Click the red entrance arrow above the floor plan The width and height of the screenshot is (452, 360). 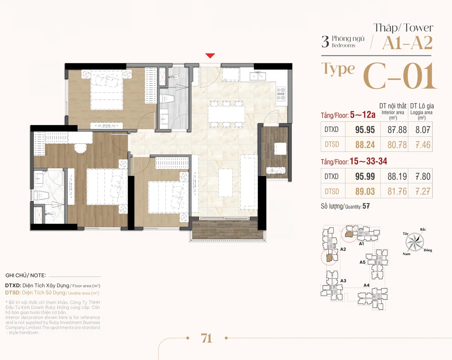click(210, 56)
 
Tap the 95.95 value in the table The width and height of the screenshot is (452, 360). click(365, 130)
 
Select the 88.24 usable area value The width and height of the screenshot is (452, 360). click(365, 145)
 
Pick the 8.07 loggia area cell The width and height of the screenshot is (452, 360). click(423, 130)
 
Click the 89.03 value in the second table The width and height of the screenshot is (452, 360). click(365, 191)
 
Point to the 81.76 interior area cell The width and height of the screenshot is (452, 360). click(397, 191)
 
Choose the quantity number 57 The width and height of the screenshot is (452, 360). click(366, 206)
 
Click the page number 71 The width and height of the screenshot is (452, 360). click(206, 339)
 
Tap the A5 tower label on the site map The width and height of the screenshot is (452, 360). click(362, 262)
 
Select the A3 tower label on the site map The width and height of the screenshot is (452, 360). click(343, 281)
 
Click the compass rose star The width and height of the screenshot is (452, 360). click(414, 242)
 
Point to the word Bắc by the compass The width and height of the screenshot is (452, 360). click(423, 230)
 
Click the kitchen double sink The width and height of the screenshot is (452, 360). click(258, 76)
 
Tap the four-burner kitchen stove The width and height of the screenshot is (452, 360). click(281, 93)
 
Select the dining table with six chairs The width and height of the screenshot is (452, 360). click(226, 114)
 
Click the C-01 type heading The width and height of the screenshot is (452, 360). click(400, 76)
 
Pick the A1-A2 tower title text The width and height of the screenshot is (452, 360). click(408, 43)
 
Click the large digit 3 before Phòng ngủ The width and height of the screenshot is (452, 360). click(325, 41)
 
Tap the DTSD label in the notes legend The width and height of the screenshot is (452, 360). click(13, 293)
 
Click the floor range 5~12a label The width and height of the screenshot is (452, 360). click(363, 115)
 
